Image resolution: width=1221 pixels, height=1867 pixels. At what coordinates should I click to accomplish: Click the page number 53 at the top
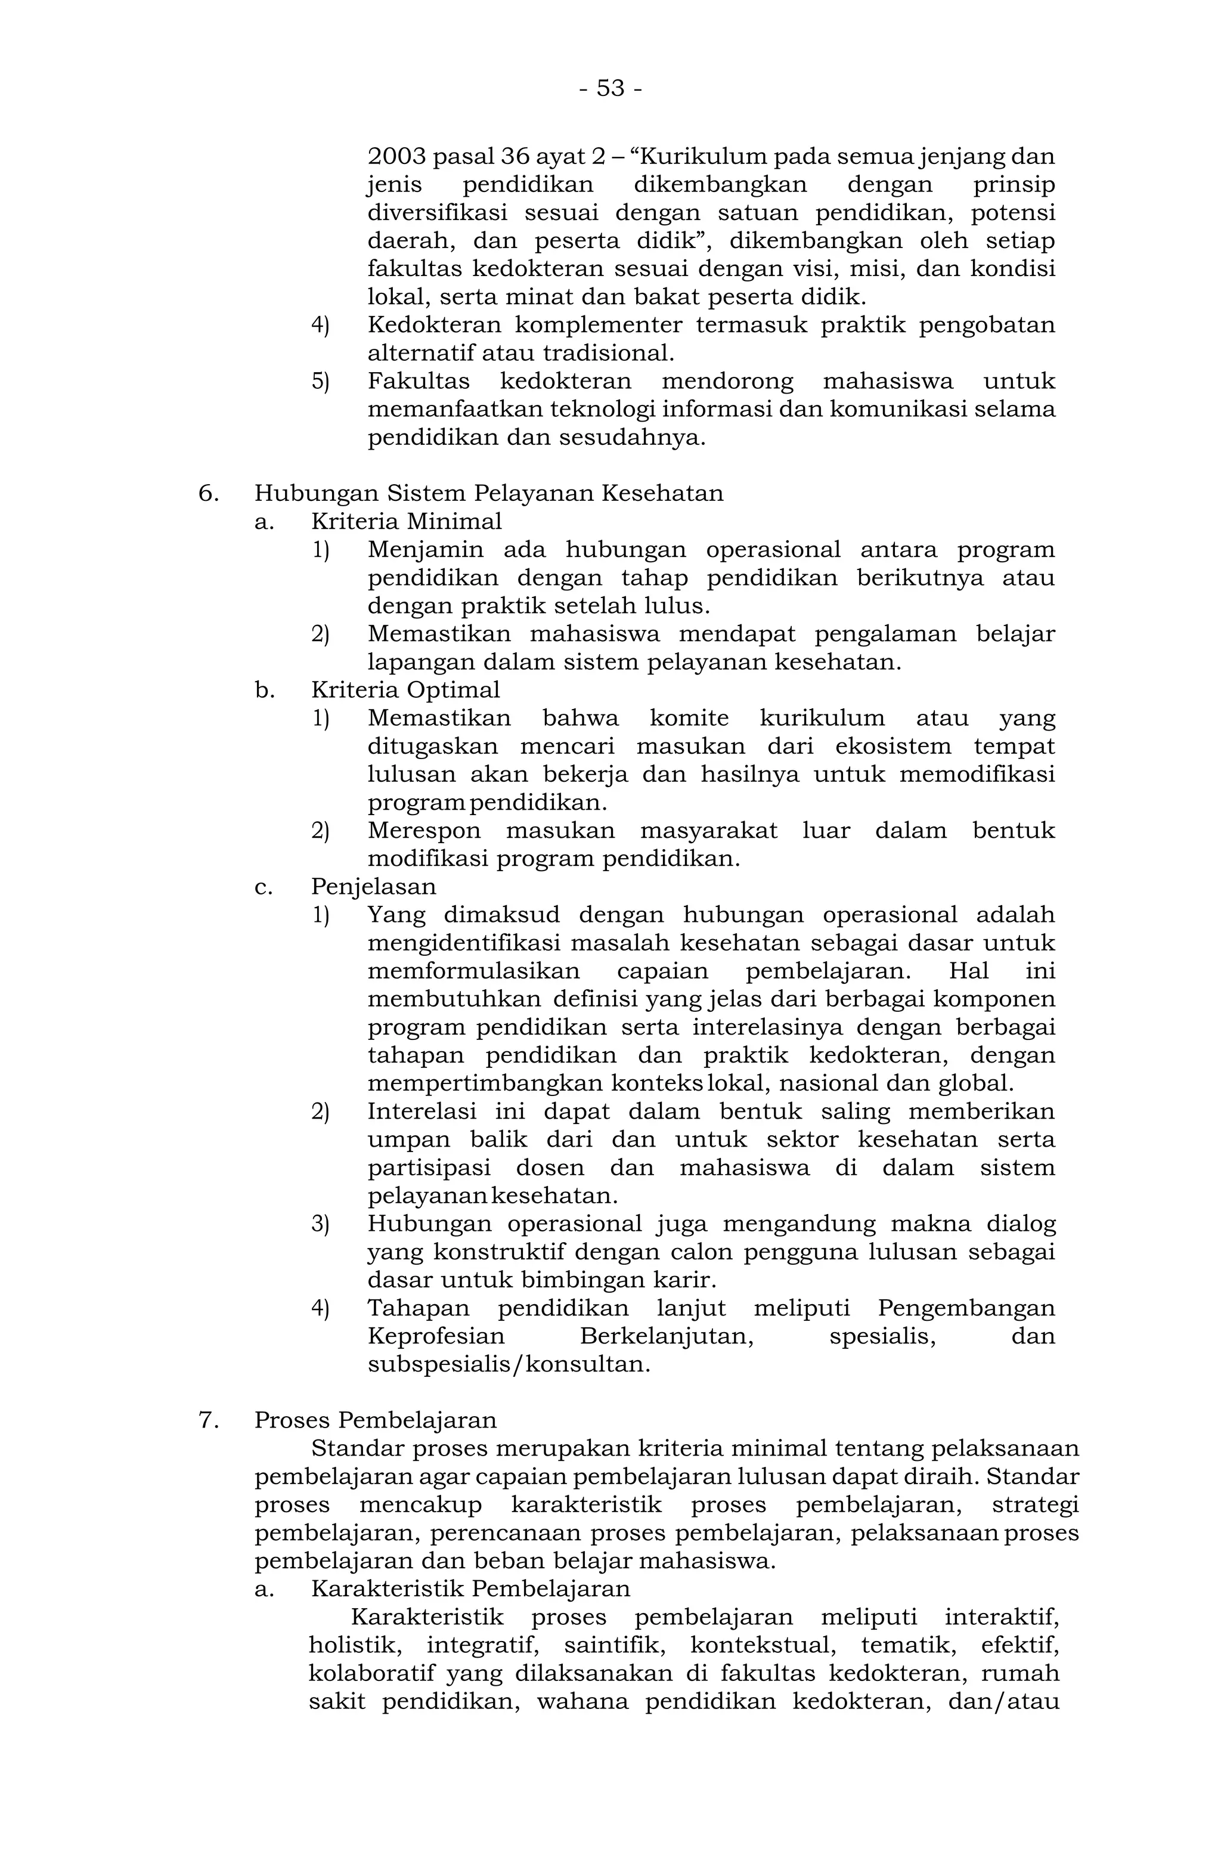[x=610, y=88]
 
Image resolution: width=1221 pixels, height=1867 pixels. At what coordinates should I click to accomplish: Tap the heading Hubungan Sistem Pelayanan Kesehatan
[x=488, y=493]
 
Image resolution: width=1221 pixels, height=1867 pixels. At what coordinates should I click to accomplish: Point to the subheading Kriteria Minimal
[x=405, y=521]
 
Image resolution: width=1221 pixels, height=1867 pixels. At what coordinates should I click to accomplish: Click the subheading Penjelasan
[x=373, y=887]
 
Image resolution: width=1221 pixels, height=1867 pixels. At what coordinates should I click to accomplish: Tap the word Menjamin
[x=425, y=549]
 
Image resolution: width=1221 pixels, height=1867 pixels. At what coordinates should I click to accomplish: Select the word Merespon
[x=423, y=830]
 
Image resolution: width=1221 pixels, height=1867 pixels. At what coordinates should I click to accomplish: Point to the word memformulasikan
[x=473, y=971]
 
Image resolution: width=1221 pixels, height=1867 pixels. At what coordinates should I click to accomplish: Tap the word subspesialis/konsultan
[x=508, y=1364]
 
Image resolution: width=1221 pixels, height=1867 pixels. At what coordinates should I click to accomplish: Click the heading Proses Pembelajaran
[x=375, y=1420]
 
